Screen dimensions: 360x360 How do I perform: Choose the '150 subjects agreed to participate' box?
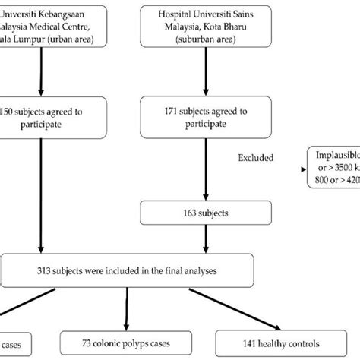click(46, 118)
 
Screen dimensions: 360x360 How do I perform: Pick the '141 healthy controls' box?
click(273, 341)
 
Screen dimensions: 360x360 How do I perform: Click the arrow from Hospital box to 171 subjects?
click(204, 76)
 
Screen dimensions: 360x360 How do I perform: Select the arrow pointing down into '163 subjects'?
click(204, 178)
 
